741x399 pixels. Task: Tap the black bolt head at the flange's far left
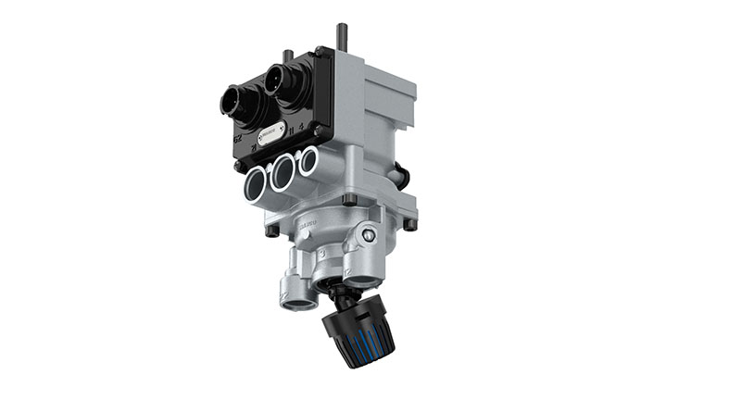(270, 231)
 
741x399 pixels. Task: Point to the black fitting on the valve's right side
(401, 172)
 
